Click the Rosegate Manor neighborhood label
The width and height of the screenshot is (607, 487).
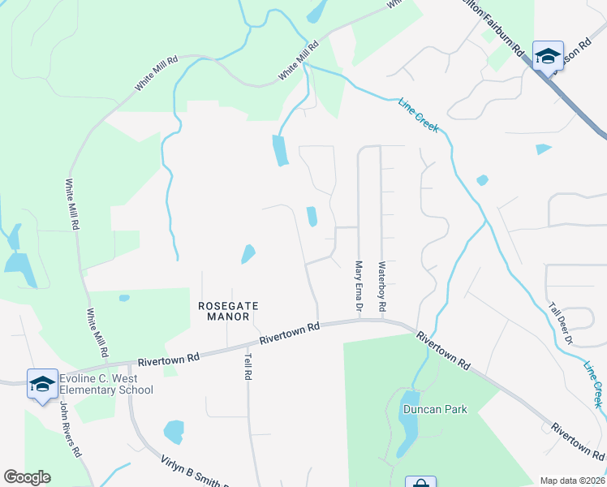tap(228, 311)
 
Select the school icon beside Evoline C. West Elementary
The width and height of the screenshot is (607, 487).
tap(42, 384)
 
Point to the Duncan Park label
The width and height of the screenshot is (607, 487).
tap(435, 410)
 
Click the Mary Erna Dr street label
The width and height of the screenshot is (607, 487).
tap(358, 288)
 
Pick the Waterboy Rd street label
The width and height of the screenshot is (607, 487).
tap(381, 288)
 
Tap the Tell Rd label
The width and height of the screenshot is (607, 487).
tap(248, 365)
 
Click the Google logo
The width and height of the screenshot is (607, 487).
tap(27, 477)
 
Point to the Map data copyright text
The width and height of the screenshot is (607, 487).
tap(572, 481)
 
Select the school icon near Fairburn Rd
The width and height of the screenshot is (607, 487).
tap(548, 56)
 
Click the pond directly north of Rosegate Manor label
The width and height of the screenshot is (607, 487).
tap(248, 254)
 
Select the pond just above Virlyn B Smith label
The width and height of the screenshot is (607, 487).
tap(174, 432)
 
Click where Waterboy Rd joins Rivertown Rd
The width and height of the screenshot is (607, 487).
tap(381, 320)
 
